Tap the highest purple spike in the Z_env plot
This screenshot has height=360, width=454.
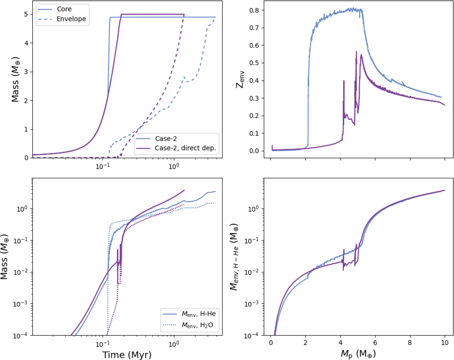click(x=356, y=51)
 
